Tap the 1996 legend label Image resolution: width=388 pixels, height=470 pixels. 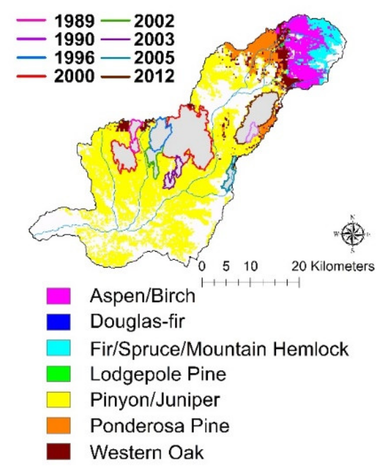(74, 58)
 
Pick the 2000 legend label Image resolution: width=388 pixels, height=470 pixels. (74, 77)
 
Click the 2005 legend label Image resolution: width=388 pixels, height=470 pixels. (154, 58)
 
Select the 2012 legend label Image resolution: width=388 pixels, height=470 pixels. (154, 77)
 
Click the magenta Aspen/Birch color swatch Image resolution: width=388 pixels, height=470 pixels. (58, 296)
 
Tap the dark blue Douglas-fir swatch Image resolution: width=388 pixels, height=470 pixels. (58, 322)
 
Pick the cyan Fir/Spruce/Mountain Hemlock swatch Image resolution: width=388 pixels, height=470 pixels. (58, 348)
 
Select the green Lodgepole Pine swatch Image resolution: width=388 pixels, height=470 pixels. (58, 374)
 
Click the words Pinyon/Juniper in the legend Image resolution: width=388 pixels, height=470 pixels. (155, 400)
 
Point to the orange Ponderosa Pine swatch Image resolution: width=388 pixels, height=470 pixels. (58, 426)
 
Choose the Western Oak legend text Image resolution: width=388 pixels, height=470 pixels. (147, 452)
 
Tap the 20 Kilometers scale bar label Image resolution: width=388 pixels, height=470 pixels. (333, 266)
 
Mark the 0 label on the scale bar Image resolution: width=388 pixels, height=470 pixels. (202, 266)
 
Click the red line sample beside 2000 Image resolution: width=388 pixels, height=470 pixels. (31, 77)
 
